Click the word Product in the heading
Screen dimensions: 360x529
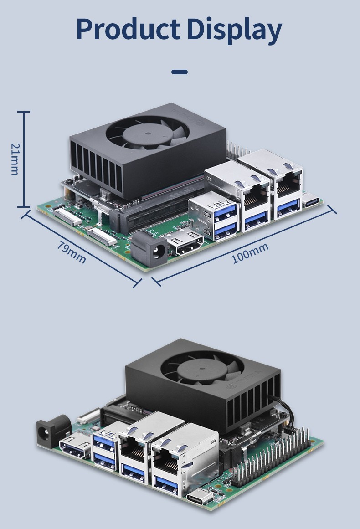[x=128, y=29]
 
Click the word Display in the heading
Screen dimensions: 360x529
[x=235, y=31]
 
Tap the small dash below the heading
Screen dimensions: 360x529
[x=180, y=72]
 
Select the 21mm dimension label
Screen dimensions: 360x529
[x=15, y=159]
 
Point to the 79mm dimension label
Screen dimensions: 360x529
[x=71, y=252]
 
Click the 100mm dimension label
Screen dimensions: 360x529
[x=250, y=253]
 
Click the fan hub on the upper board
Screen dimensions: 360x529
[x=148, y=133]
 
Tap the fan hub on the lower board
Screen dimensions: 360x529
[x=202, y=369]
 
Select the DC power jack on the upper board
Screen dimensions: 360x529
[x=150, y=249]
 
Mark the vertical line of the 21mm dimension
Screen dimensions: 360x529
[x=24, y=159]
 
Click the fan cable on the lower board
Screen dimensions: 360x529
[x=285, y=412]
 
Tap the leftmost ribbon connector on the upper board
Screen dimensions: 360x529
[x=67, y=217]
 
